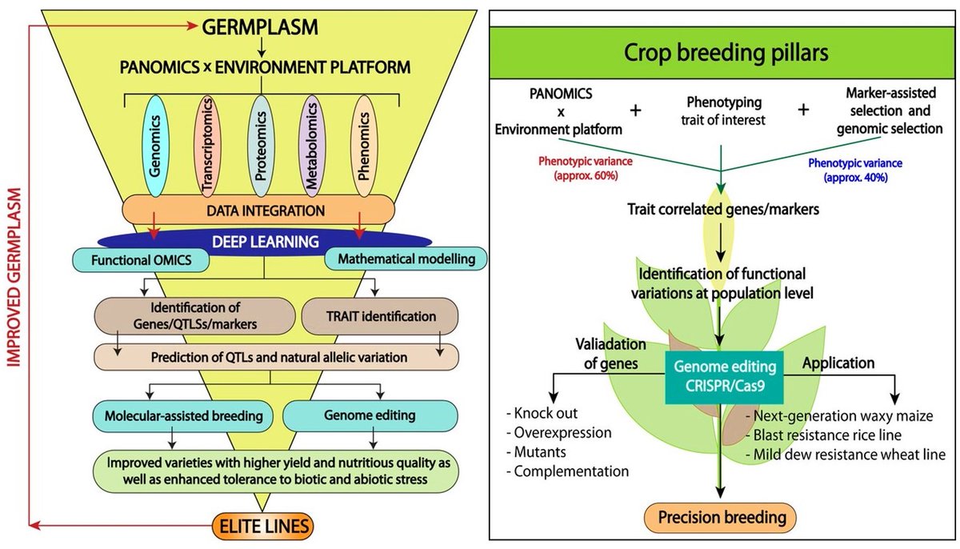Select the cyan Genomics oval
156,145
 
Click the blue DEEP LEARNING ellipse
264,240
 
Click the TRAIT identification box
380,316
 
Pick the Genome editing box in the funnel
370,416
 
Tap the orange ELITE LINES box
263,527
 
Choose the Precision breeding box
722,517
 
